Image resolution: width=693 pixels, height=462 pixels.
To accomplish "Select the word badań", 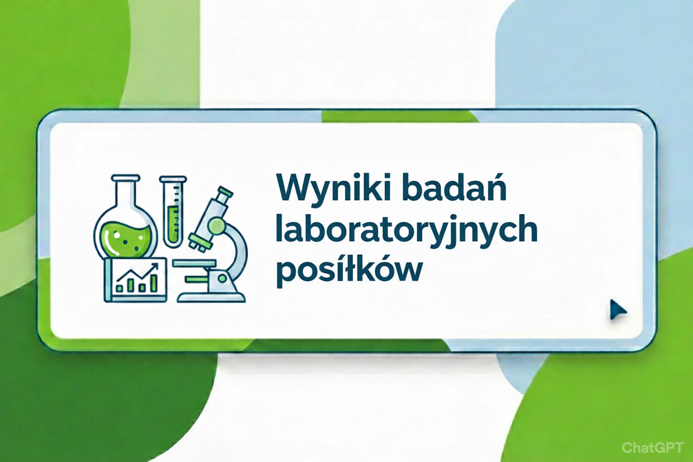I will [454, 187].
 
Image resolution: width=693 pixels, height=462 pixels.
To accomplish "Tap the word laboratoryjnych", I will [406, 230].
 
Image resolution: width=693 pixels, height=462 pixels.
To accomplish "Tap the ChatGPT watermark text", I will [652, 448].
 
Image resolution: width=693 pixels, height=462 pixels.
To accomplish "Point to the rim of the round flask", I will [125, 178].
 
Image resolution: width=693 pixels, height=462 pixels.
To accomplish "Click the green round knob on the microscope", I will [217, 226].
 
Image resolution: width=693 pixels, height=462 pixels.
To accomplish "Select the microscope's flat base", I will [211, 297].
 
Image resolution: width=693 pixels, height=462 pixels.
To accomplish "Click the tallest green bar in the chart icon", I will [154, 282].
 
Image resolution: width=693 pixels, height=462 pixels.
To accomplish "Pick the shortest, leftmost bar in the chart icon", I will [120, 287].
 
